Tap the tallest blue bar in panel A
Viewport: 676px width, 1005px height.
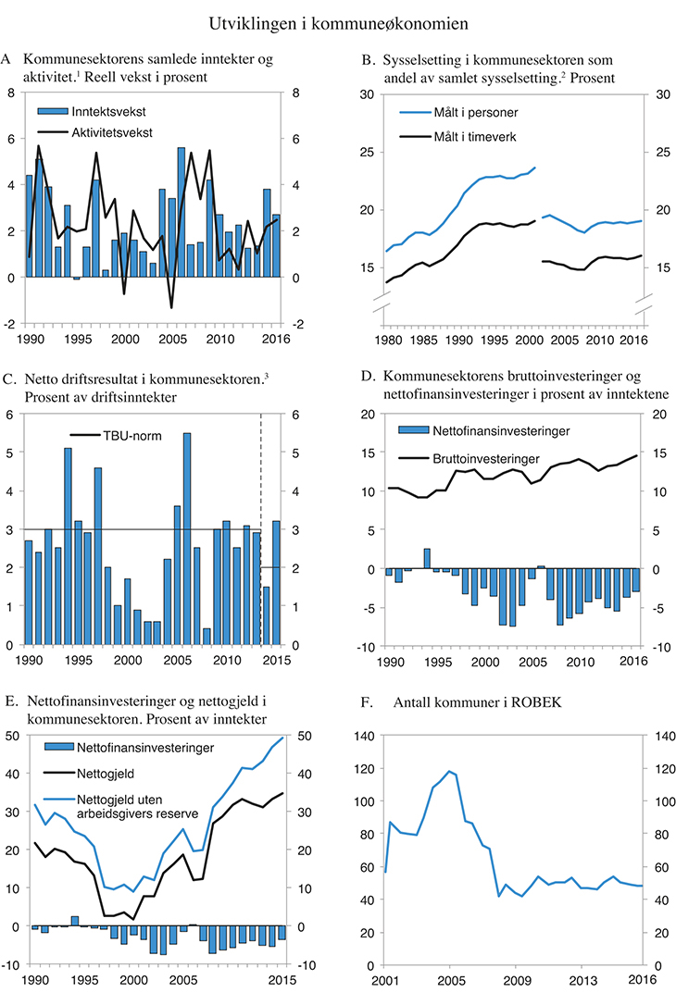coord(182,212)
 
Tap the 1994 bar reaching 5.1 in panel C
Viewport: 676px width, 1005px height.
coord(68,546)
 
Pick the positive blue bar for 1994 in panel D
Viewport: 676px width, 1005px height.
coord(427,559)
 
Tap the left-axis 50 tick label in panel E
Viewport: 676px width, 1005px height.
coord(15,736)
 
